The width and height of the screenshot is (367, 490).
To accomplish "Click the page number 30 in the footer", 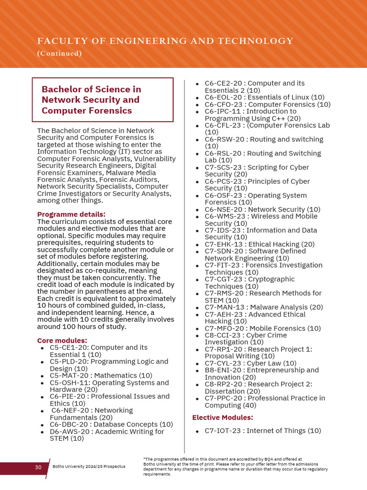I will tap(38, 467).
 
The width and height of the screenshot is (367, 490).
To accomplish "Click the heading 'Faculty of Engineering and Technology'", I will tap(165, 41).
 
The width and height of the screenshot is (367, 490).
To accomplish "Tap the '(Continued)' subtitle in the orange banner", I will tap(60, 54).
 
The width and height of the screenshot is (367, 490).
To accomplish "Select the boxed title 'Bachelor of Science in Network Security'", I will tap(91, 100).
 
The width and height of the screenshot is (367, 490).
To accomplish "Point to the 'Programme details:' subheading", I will tap(71, 214).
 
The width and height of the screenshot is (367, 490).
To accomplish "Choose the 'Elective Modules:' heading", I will tap(223, 418).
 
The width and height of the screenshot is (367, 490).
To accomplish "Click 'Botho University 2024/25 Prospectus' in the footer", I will tap(89, 467).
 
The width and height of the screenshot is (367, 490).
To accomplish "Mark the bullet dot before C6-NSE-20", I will tap(197, 210).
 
